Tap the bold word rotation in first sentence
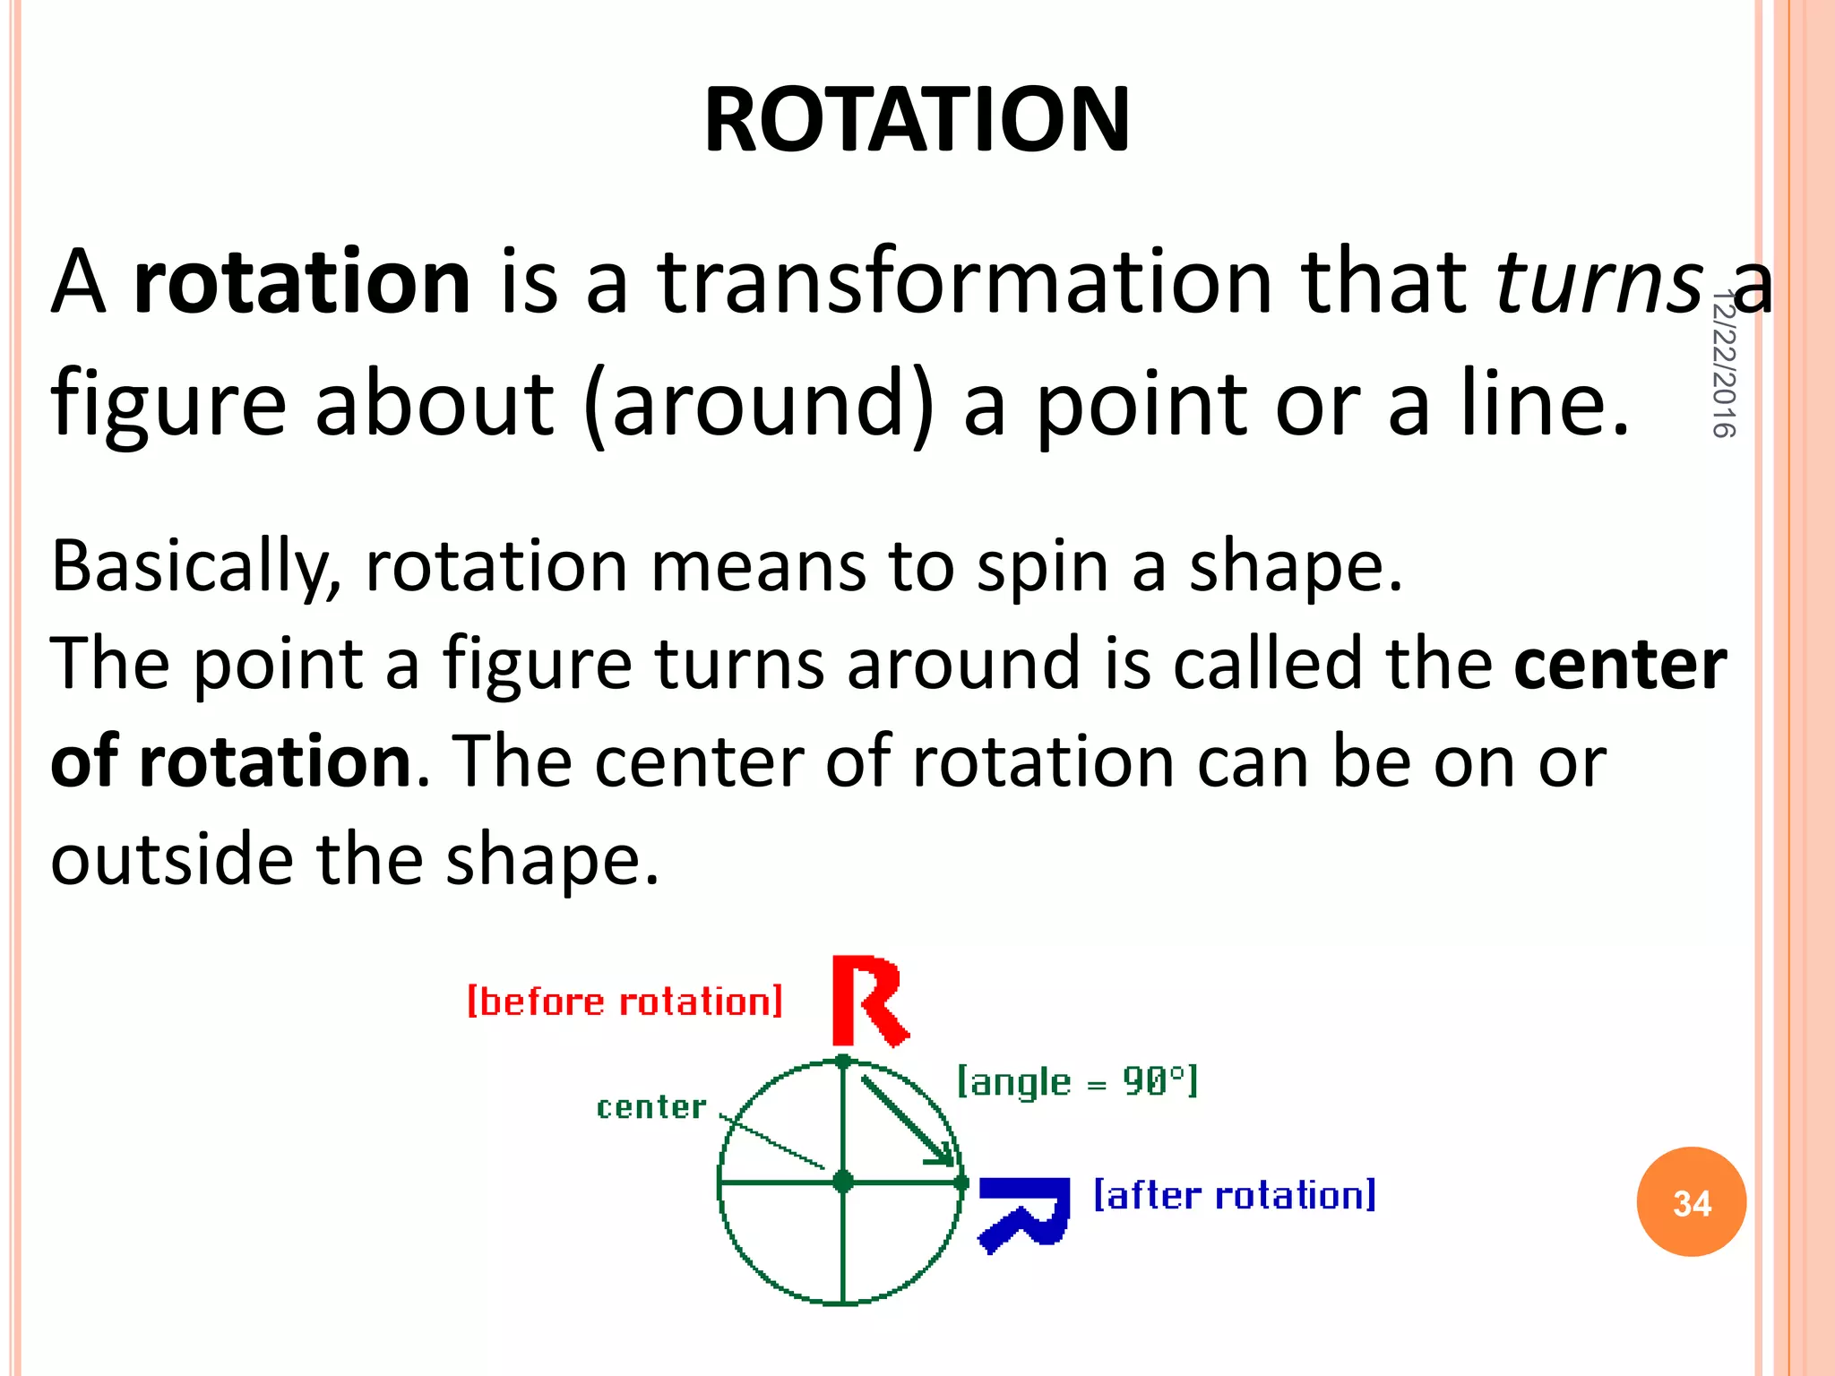(x=302, y=282)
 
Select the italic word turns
(x=1599, y=282)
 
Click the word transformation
(x=964, y=282)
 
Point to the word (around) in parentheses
(x=758, y=405)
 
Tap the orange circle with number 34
(x=1691, y=1202)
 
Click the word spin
(x=1042, y=568)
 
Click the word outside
(x=171, y=860)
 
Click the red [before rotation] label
(x=625, y=1002)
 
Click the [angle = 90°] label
(x=1077, y=1082)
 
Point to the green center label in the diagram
(x=651, y=1107)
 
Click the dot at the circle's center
(x=842, y=1182)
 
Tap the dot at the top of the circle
(x=842, y=1062)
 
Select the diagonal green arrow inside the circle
(x=905, y=1120)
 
